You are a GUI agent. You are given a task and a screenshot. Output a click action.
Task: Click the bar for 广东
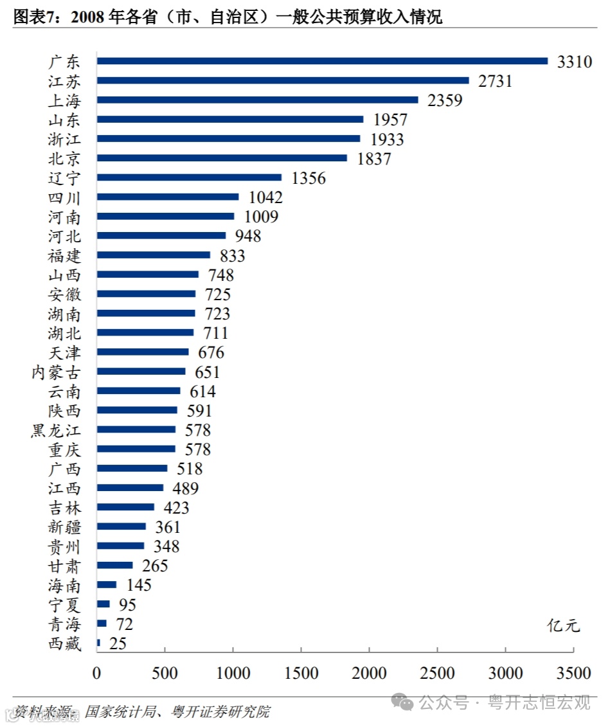tap(321, 61)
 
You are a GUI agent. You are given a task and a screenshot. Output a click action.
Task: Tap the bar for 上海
tap(257, 100)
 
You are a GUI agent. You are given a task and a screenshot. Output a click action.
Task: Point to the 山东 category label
tap(64, 120)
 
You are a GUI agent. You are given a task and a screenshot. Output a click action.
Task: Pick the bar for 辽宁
tap(189, 177)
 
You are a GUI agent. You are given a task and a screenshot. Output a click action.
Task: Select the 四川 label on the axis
tap(64, 197)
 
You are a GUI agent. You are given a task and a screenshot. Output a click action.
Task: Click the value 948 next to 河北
tap(247, 236)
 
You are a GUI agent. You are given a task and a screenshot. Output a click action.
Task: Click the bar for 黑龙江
tap(136, 429)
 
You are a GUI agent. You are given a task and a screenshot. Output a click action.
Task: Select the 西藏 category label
tap(64, 643)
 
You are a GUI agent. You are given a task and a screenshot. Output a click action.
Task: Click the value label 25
tap(118, 643)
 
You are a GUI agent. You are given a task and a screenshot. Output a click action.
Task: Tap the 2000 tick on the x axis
tap(370, 673)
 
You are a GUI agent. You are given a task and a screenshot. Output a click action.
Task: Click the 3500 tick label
tap(574, 673)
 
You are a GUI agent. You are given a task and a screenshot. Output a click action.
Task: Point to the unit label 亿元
tap(564, 625)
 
